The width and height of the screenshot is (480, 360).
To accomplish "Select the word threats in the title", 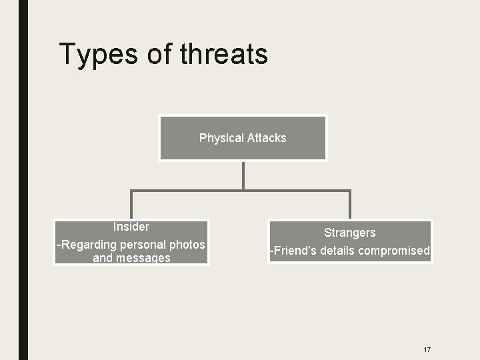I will [x=224, y=54].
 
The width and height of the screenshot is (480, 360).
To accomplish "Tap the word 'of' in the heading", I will [x=159, y=54].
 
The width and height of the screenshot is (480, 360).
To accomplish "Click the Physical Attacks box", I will [x=243, y=138].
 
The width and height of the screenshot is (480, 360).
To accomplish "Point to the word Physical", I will [x=221, y=138].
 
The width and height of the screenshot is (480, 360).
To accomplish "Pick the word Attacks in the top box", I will [x=267, y=138].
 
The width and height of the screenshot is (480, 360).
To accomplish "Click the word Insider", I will [x=131, y=227].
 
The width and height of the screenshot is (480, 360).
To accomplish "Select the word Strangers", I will [x=349, y=233].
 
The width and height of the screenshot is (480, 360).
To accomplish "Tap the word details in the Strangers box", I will [x=337, y=251].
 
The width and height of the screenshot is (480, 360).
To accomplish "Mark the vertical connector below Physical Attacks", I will [x=243, y=175].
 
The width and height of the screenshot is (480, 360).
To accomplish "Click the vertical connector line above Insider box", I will [x=131, y=205].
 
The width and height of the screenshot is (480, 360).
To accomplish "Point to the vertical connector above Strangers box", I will [x=349, y=205].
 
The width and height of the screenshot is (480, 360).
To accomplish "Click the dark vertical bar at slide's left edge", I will [x=23, y=180].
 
